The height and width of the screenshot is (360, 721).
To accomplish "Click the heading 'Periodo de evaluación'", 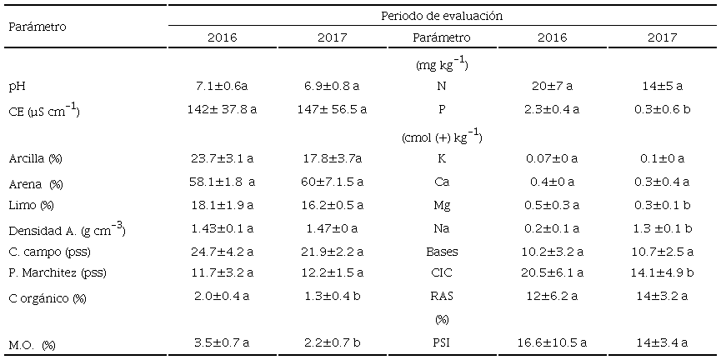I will click(x=442, y=16).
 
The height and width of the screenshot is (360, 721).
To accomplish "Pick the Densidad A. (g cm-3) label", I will click(x=67, y=227).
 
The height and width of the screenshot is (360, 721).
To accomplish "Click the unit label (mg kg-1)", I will click(x=442, y=64).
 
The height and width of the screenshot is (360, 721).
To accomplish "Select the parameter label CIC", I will click(x=442, y=273).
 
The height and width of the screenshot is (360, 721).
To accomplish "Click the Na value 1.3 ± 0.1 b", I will click(x=662, y=227).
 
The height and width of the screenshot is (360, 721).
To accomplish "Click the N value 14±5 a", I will click(x=662, y=86).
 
